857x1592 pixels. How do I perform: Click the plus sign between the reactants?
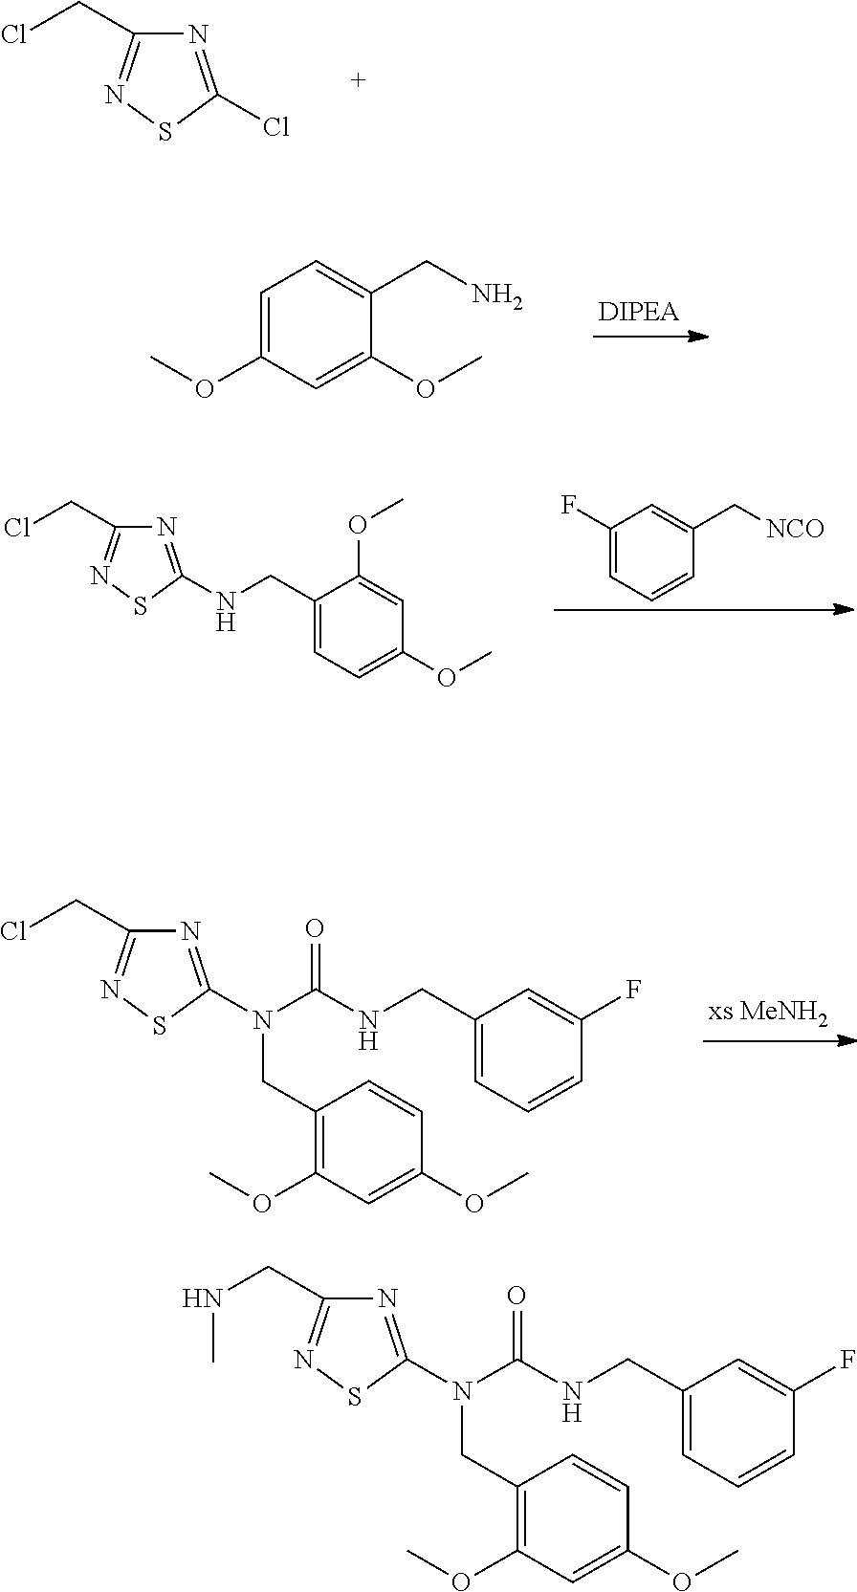point(359,81)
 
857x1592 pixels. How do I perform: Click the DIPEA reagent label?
point(639,312)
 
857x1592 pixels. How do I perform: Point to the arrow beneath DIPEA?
point(649,337)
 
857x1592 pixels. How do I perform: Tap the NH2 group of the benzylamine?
point(496,297)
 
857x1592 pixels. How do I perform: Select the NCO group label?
point(794,528)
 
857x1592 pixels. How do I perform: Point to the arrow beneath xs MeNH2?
point(778,1039)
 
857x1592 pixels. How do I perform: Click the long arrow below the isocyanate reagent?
point(703,609)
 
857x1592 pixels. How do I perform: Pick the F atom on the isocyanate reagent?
point(567,503)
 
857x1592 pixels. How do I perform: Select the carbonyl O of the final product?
point(517,1296)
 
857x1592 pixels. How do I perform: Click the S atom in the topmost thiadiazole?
point(165,132)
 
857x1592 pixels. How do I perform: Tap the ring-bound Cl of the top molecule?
point(275,127)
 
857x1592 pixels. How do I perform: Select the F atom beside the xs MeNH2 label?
point(633,988)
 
